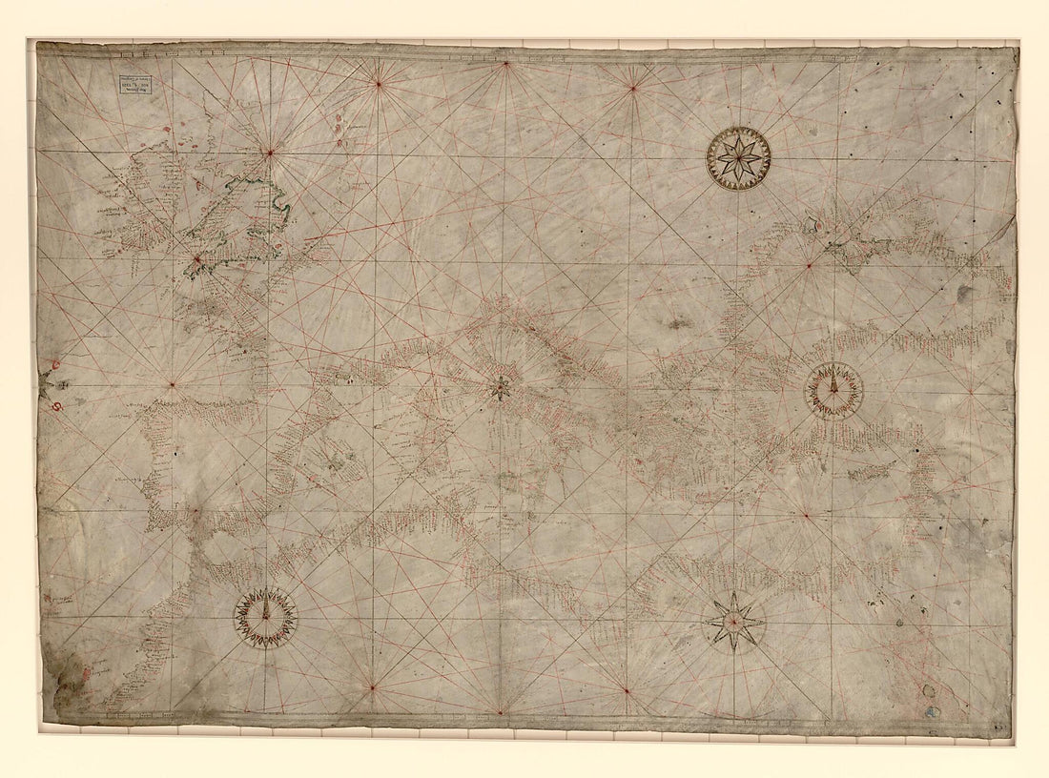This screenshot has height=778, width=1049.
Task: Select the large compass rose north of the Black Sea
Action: [x=739, y=157]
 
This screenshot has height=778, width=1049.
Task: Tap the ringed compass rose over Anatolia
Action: [x=833, y=391]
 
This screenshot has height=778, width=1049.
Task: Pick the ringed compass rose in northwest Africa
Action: [x=266, y=618]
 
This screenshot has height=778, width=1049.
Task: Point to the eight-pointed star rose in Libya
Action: [x=733, y=622]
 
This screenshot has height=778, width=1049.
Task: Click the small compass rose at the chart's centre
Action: [x=498, y=387]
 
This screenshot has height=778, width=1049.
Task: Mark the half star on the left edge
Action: [x=46, y=384]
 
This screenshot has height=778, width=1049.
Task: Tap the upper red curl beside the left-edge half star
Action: [x=54, y=363]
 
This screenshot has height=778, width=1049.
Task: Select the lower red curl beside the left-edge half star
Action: [x=56, y=408]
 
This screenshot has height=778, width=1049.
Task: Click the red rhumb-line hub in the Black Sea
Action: [x=809, y=265]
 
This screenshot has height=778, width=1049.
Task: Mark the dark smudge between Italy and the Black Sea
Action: [x=679, y=323]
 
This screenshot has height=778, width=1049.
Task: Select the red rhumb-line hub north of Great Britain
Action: [x=270, y=151]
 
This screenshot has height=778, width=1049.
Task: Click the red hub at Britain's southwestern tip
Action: [x=196, y=257]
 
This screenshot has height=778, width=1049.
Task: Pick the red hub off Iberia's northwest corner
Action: [x=172, y=385]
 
